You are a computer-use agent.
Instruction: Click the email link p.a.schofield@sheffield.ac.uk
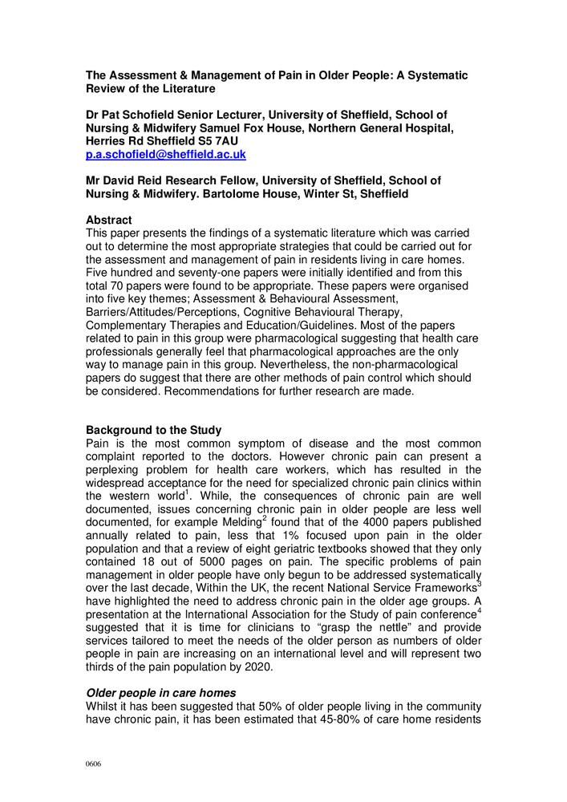(166, 154)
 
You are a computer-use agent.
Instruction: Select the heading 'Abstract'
(109, 219)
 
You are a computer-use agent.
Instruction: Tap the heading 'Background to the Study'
(153, 430)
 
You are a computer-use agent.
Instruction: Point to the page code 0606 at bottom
(94, 764)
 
